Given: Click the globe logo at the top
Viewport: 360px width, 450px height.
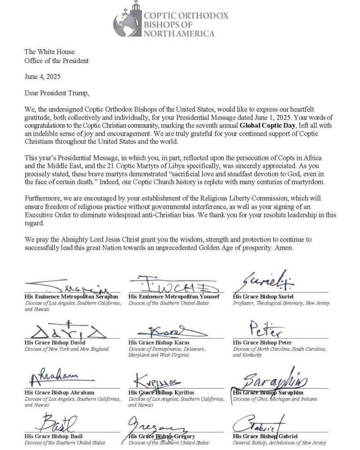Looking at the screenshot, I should tap(128, 22).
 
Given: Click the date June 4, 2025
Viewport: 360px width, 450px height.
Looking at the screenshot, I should tap(42, 76).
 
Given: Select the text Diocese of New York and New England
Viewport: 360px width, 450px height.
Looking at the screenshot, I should tap(66, 349).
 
